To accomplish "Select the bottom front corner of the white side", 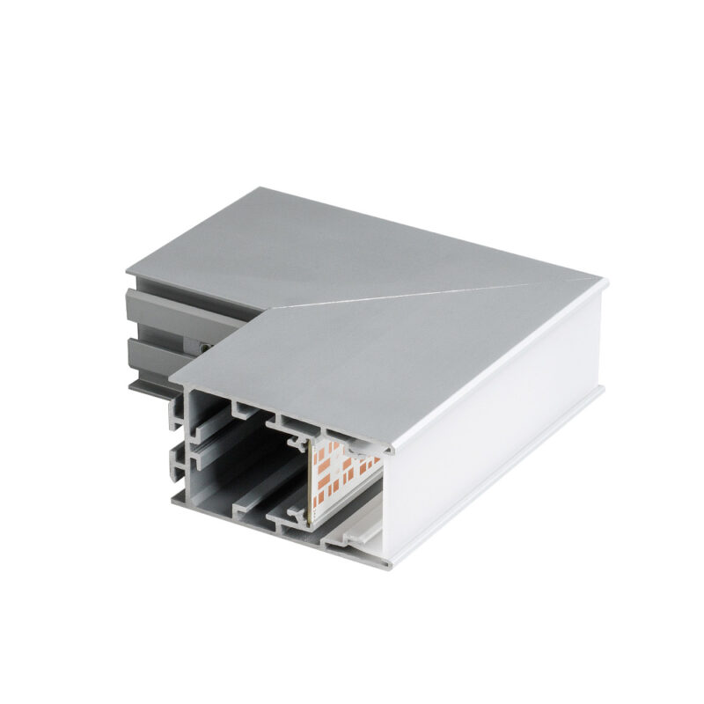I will coord(387,563).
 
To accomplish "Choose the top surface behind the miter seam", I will coord(352,246).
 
